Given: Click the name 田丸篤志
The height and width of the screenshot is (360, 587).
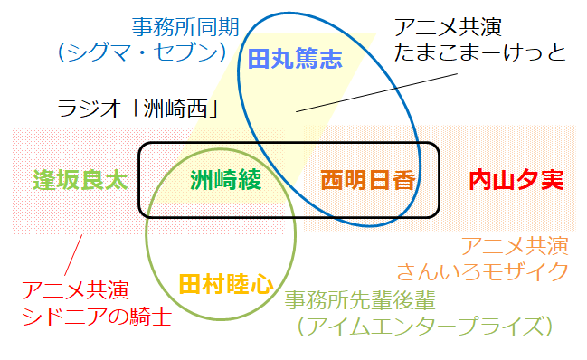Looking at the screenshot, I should [x=296, y=61].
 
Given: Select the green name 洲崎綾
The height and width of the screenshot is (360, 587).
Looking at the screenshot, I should [x=226, y=180].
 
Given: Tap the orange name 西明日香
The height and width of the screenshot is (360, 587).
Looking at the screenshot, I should [x=367, y=180].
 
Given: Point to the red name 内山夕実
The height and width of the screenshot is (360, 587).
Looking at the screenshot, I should [x=516, y=180].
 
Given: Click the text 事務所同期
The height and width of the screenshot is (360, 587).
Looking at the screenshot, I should [x=185, y=26].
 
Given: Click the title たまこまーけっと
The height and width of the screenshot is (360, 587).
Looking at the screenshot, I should [x=480, y=52].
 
